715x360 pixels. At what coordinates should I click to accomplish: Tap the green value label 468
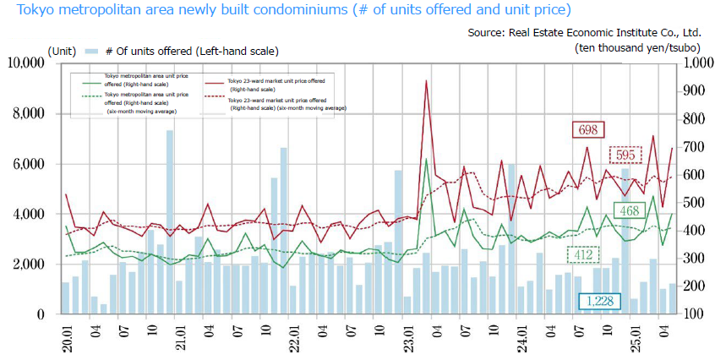click(x=627, y=210)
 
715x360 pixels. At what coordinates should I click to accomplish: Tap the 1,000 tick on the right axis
click(x=695, y=63)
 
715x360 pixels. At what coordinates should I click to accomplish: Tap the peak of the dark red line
click(x=426, y=81)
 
